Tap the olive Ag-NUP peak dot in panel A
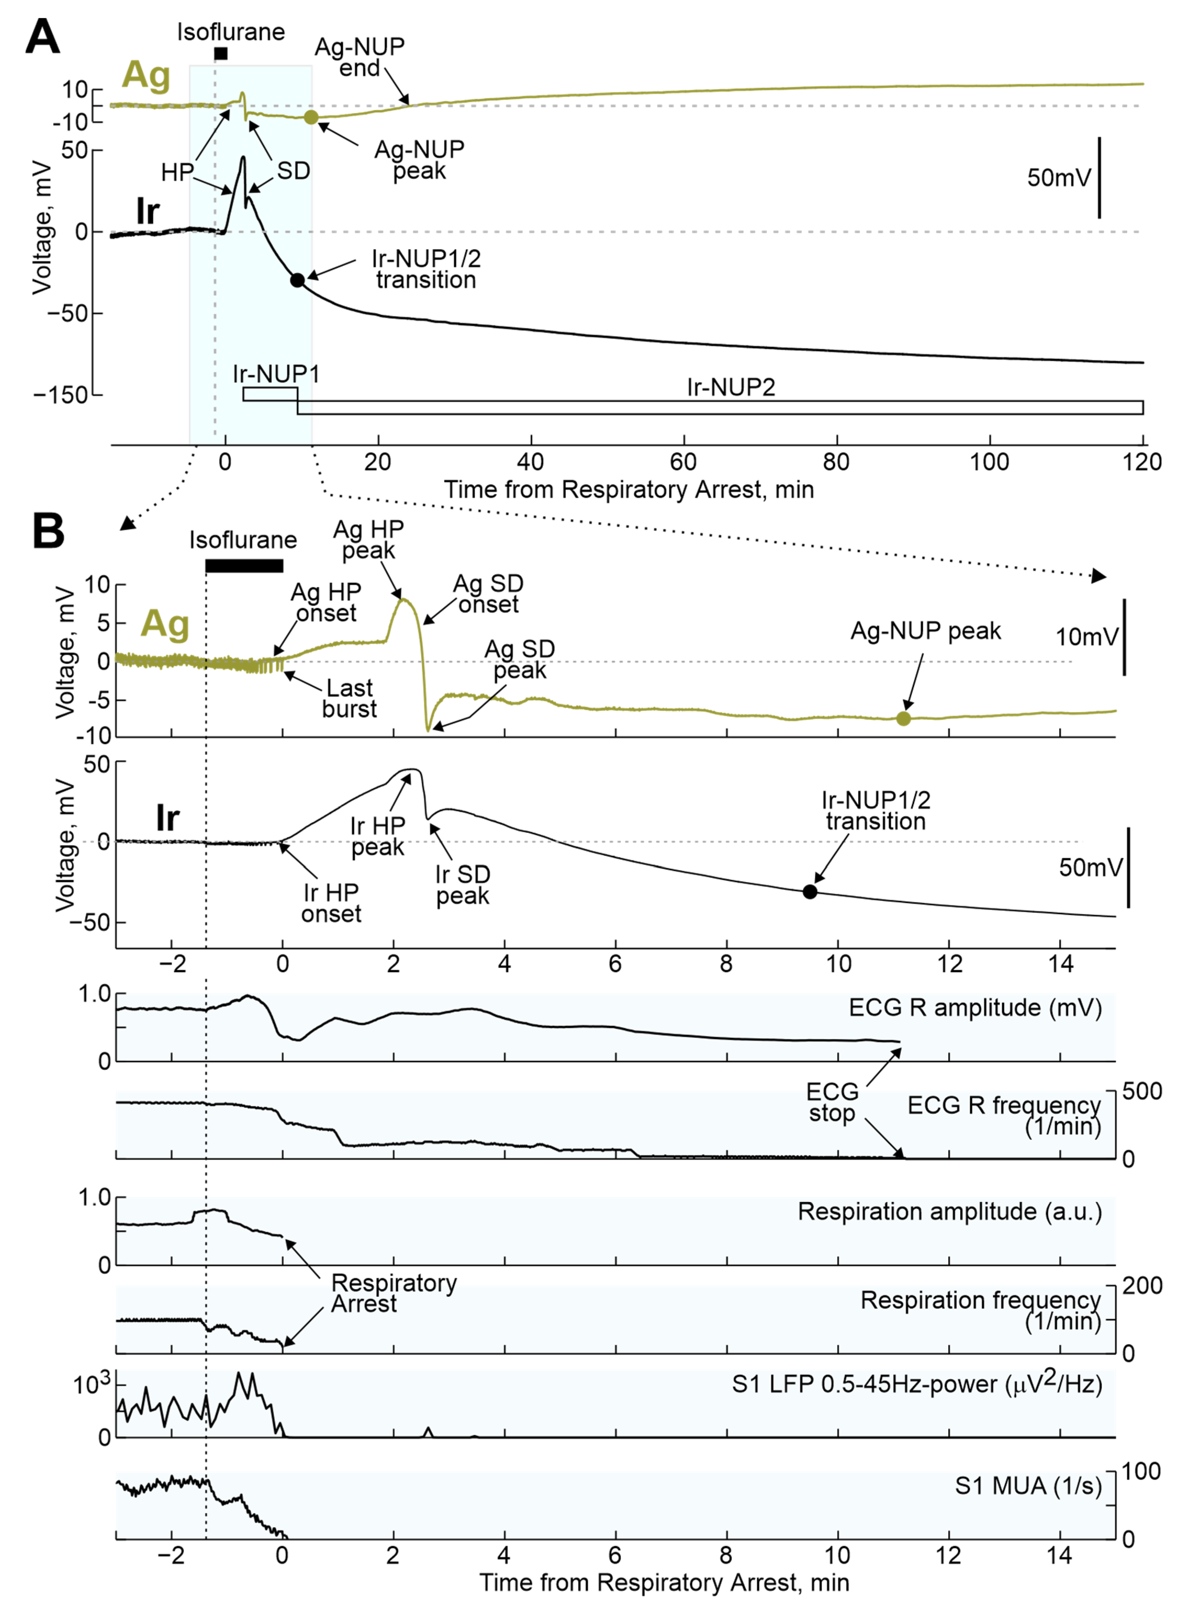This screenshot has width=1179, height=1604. click(310, 117)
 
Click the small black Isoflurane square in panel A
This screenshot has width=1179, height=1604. click(221, 53)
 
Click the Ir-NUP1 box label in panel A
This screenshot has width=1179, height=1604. click(275, 374)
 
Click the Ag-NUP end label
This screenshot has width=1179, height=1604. click(360, 57)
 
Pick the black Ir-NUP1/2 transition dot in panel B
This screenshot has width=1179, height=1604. click(809, 892)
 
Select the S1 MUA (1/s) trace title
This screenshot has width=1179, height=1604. click(1028, 1486)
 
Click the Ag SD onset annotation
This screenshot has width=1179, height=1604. click(488, 594)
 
